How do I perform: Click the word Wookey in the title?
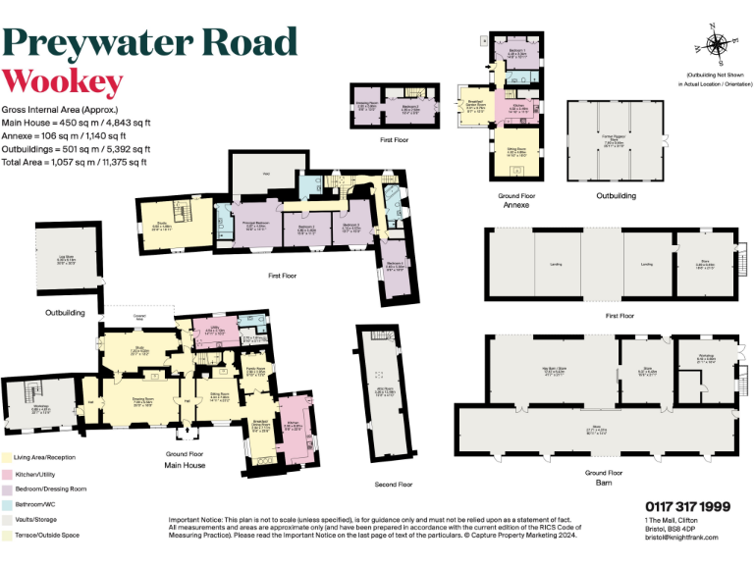point(63,81)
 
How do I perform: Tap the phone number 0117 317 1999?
point(687,506)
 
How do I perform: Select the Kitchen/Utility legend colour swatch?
point(7,473)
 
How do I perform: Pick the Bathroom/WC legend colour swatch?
point(7,503)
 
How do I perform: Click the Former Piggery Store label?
point(617,139)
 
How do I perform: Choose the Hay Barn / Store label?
point(554,371)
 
